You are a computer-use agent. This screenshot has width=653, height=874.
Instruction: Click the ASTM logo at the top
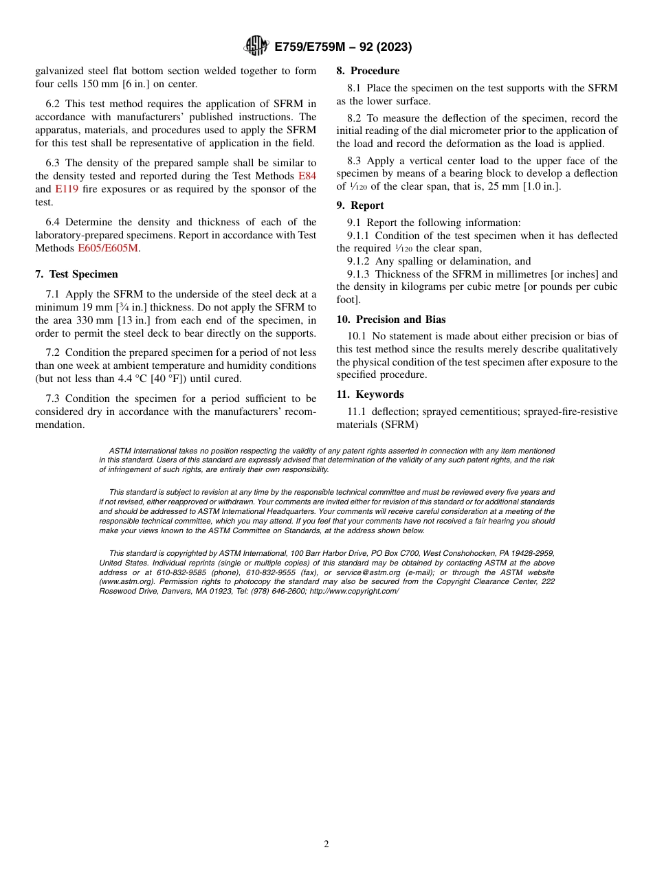pos(256,46)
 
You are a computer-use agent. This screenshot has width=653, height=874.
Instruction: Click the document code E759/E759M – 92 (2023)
pos(343,47)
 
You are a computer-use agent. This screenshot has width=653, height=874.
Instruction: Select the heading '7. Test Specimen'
pos(76,274)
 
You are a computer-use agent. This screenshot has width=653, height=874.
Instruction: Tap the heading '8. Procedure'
pos(368,71)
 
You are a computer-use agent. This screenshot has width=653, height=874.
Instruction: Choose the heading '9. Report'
pos(360,205)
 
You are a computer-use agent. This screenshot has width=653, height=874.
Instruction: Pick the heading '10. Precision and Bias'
pos(391,320)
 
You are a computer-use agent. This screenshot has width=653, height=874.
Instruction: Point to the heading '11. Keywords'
pos(370,394)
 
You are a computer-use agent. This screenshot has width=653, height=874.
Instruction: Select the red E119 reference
pos(67,189)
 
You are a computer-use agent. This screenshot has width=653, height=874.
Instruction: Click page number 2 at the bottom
pos(326,844)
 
